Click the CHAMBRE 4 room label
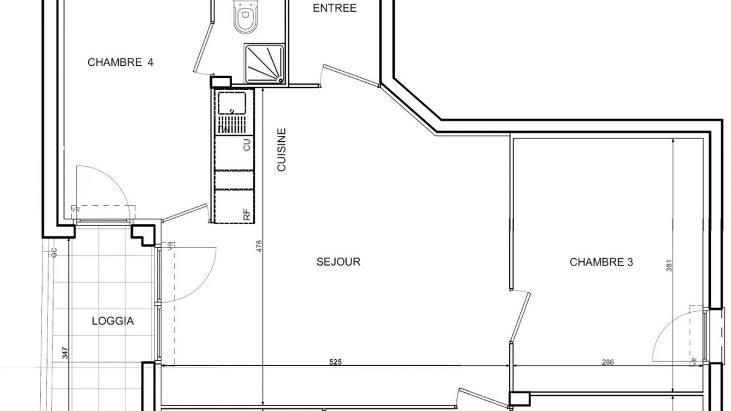121,62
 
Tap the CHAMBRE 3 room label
601,262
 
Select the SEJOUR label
339,262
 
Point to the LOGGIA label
113,321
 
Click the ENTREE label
334,8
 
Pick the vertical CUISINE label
281,149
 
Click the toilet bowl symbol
245,16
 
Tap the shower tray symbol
264,64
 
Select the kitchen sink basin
231,103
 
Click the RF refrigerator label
247,214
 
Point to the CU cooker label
247,144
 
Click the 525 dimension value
335,362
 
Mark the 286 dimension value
608,362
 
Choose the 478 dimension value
259,246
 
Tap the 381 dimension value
669,265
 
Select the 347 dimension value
65,353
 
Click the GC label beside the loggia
54,253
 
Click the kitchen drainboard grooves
231,125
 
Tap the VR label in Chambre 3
694,362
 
